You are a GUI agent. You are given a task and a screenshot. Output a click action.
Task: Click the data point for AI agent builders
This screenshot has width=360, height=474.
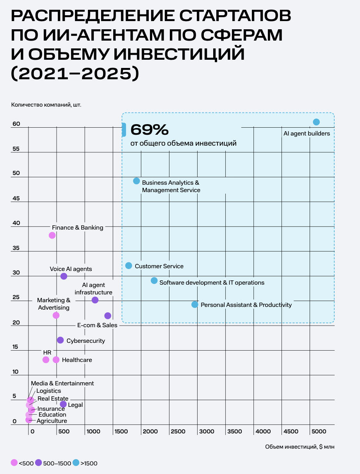tap(316, 122)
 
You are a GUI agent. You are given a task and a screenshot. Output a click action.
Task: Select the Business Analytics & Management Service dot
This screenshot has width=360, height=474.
tap(136, 181)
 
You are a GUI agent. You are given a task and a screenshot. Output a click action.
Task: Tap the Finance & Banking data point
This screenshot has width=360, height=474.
tap(52, 235)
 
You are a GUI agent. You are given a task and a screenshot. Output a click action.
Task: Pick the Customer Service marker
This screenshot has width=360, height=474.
tap(128, 266)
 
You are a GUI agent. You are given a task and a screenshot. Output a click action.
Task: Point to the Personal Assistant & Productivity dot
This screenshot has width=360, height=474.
tap(195, 304)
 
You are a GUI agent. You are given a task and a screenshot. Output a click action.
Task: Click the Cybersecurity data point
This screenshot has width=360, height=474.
tap(60, 340)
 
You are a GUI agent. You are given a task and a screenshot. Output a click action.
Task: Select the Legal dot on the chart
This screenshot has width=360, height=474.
tap(63, 404)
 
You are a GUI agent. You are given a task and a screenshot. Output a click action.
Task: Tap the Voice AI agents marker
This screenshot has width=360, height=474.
tap(64, 276)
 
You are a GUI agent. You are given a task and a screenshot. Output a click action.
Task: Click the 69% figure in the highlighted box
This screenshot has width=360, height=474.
tap(150, 129)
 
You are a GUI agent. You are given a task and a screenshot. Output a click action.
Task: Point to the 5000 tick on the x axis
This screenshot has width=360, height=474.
tap(319, 431)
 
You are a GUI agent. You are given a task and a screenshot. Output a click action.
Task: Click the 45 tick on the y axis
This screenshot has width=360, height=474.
tap(16, 198)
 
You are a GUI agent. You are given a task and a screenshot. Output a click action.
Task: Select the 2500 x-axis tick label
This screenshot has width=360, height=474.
tap(178, 431)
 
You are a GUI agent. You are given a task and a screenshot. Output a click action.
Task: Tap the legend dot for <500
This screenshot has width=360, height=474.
tap(14, 463)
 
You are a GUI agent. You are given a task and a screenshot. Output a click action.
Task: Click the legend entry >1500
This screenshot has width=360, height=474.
tap(89, 463)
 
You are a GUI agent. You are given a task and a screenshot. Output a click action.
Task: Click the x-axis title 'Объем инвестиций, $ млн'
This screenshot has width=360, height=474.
tap(299, 447)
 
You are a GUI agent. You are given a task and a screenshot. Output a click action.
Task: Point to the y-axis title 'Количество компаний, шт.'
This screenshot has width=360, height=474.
tap(46, 104)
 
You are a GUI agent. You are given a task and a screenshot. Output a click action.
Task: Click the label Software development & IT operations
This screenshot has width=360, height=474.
tap(212, 283)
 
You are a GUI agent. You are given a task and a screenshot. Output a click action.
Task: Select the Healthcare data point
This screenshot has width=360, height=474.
tap(56, 360)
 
